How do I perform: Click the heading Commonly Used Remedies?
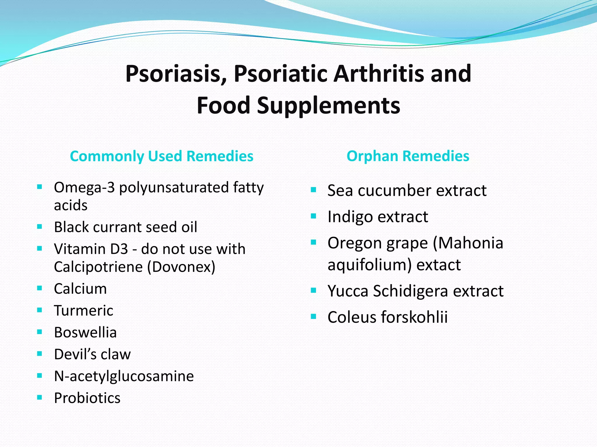161,156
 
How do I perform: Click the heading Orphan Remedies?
408,156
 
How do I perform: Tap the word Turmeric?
84,311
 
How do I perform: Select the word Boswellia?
85,332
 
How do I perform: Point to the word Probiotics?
87,398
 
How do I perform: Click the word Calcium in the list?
80,289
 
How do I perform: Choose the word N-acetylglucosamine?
124,376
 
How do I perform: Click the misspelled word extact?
438,265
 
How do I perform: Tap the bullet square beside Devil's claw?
40,354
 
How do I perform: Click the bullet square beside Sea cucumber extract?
313,190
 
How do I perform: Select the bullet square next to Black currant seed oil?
40,226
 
